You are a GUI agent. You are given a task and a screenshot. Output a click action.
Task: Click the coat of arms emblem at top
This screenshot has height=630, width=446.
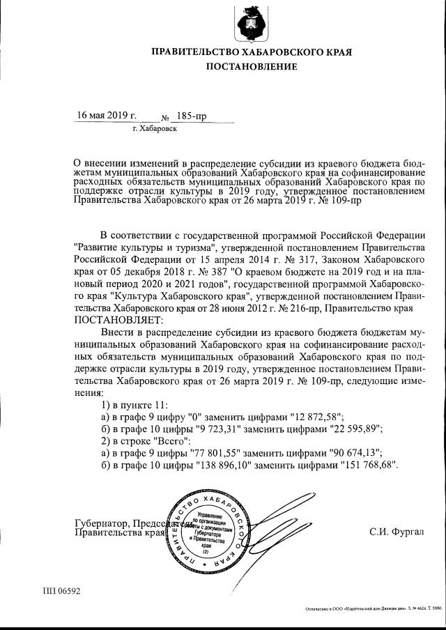(x=252, y=23)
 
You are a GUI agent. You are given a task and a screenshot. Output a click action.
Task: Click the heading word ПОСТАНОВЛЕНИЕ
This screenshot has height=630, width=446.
(x=251, y=67)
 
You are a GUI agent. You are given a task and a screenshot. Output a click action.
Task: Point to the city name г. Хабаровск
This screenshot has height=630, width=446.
(x=155, y=130)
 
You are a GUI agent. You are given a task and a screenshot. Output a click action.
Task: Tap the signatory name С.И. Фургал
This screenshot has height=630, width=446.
(x=396, y=532)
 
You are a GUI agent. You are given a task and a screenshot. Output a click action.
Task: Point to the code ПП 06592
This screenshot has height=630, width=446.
(x=61, y=592)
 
